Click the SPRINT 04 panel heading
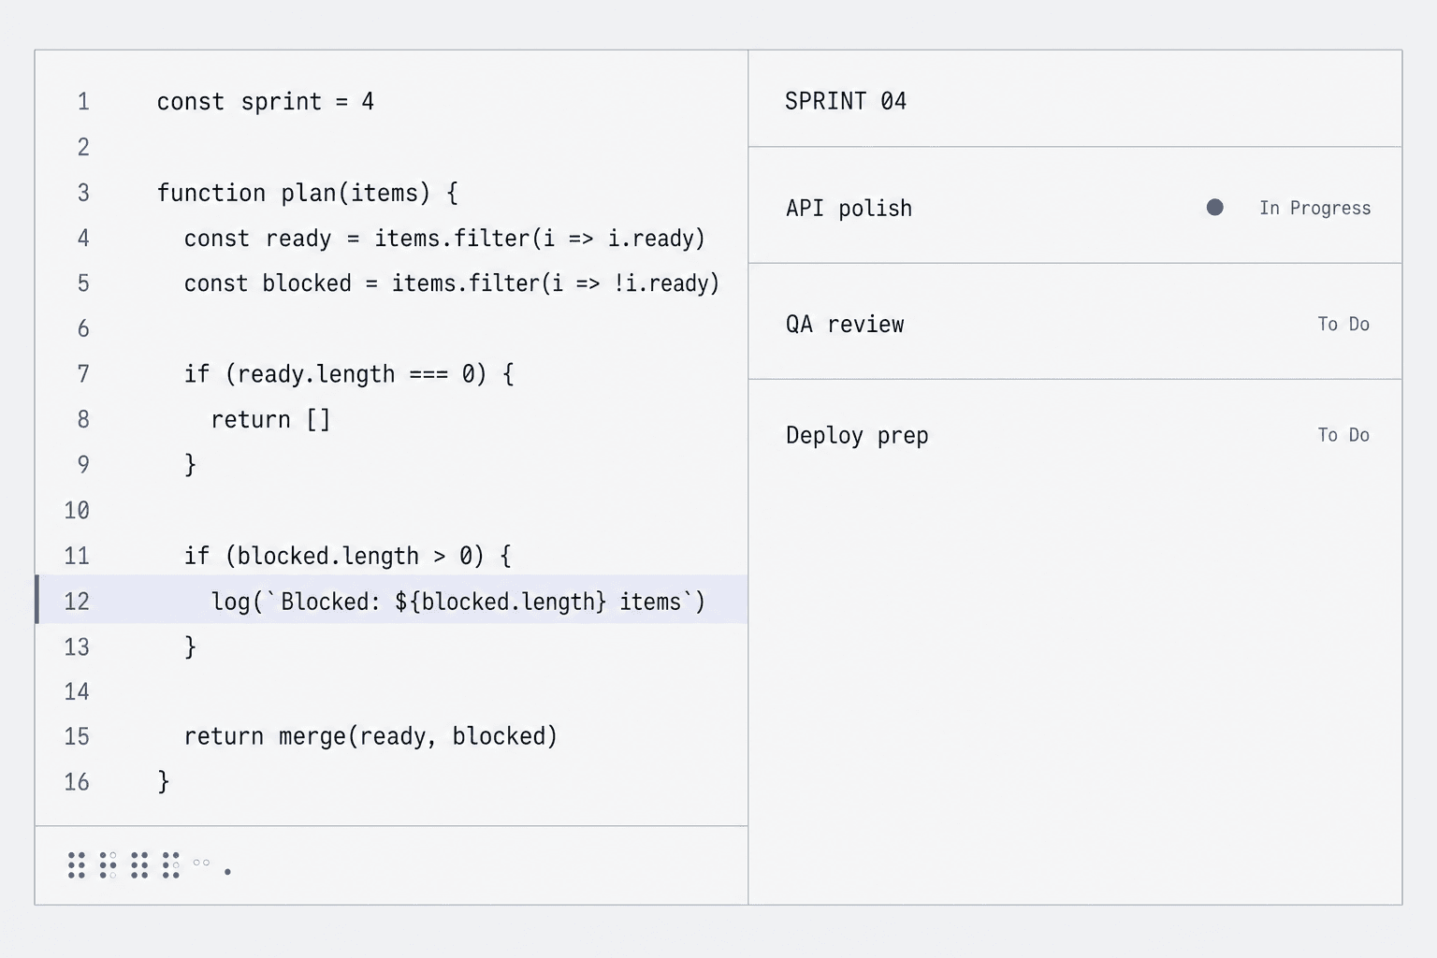click(846, 101)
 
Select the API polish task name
click(849, 209)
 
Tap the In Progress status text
click(1315, 208)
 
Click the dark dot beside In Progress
click(1214, 208)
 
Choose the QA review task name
click(845, 324)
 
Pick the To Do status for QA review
click(1343, 324)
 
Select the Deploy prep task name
click(857, 436)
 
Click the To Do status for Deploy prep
click(1343, 435)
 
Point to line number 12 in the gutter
click(77, 602)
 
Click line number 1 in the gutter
click(83, 101)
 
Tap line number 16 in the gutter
click(77, 781)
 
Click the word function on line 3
click(211, 193)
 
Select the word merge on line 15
click(313, 736)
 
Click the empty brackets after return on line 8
click(318, 420)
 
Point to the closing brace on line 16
click(164, 781)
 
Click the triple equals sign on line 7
click(428, 374)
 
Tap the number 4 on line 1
click(368, 101)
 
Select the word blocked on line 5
click(307, 283)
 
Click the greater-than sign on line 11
click(440, 557)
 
